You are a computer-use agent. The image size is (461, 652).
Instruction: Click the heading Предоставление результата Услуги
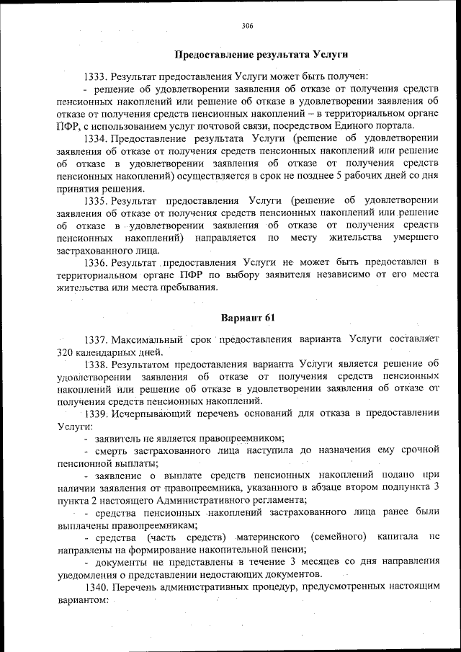click(x=261, y=54)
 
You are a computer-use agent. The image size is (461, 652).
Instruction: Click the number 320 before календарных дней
click(x=66, y=352)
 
